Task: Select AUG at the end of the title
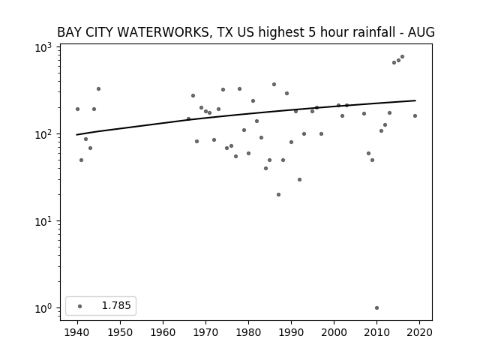(x=421, y=32)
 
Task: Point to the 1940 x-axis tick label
(x=77, y=332)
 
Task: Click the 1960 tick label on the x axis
(x=163, y=332)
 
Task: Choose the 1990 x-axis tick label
(x=291, y=332)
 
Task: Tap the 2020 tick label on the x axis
(x=419, y=332)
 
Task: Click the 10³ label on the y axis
(x=43, y=47)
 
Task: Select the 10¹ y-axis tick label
(x=43, y=221)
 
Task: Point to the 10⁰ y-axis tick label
(x=43, y=308)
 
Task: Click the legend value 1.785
(x=116, y=305)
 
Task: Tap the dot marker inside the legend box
(x=80, y=306)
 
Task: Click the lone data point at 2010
(x=376, y=308)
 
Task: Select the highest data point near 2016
(x=402, y=57)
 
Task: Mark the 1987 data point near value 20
(x=278, y=195)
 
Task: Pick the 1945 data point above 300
(x=98, y=89)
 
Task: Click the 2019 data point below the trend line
(x=415, y=116)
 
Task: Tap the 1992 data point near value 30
(x=300, y=180)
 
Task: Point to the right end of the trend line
(x=415, y=100)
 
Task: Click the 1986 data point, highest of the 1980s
(x=274, y=85)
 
